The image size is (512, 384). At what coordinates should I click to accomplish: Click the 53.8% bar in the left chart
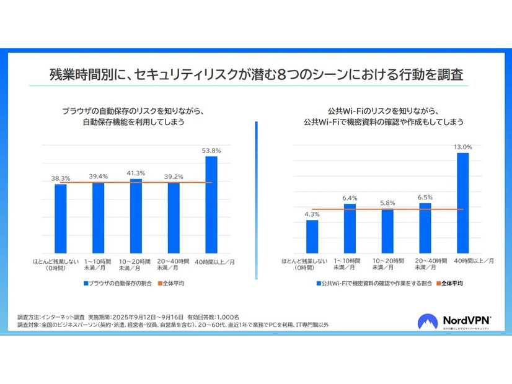pos(211,204)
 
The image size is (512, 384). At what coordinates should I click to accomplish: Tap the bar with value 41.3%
pos(136,216)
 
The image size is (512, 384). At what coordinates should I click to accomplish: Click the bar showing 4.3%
pos(312,236)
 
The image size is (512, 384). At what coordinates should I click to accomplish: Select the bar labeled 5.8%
pos(387,231)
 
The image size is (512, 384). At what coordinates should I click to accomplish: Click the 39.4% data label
pos(98,177)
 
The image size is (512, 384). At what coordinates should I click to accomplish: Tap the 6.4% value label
pos(350,198)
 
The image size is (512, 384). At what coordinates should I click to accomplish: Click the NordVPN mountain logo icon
pos(430,321)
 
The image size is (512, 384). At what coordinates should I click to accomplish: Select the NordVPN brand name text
pos(466,320)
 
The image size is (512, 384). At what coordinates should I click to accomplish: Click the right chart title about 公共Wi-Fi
pos(384,116)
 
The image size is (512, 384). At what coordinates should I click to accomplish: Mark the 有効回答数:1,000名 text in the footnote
pos(214,316)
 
